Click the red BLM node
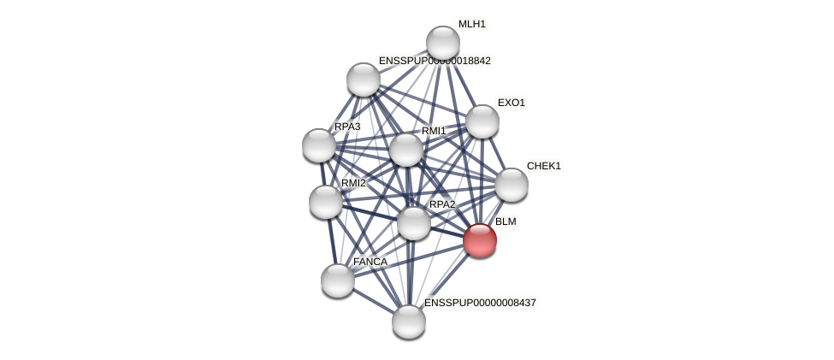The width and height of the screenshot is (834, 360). pyautogui.click(x=480, y=240)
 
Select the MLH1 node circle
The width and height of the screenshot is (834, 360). pyautogui.click(x=443, y=43)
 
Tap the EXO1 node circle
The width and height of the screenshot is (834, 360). pyautogui.click(x=482, y=121)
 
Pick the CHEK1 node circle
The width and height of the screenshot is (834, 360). pyautogui.click(x=512, y=185)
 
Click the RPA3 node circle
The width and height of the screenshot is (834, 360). pyautogui.click(x=319, y=145)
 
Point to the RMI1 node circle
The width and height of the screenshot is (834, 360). pyautogui.click(x=406, y=150)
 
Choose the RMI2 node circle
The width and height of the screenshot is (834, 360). pyautogui.click(x=326, y=202)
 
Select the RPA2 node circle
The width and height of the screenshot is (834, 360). pyautogui.click(x=414, y=223)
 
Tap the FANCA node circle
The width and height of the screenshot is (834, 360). pyautogui.click(x=338, y=280)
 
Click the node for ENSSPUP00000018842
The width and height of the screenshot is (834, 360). pyautogui.click(x=364, y=80)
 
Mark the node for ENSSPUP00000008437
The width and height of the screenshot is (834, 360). pyautogui.click(x=409, y=322)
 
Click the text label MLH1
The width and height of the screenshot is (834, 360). pyautogui.click(x=471, y=24)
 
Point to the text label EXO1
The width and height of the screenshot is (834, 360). pyautogui.click(x=512, y=103)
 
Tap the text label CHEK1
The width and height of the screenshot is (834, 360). pyautogui.click(x=543, y=166)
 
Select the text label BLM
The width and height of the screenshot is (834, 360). pyautogui.click(x=506, y=221)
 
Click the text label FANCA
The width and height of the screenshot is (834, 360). pyautogui.click(x=370, y=262)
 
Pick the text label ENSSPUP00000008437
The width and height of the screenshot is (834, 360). pyautogui.click(x=480, y=303)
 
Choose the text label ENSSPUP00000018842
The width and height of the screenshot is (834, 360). pyautogui.click(x=435, y=61)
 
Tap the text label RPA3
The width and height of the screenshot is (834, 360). pyautogui.click(x=347, y=127)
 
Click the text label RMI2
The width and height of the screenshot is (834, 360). pyautogui.click(x=353, y=183)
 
